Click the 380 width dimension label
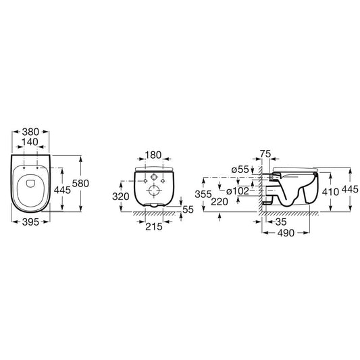30,132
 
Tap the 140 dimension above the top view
30,142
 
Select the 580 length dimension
80,184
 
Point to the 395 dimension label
30,222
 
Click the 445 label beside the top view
62,190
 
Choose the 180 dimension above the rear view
153,155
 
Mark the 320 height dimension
121,197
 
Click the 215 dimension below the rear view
154,227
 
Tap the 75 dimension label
265,154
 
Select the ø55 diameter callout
240,170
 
